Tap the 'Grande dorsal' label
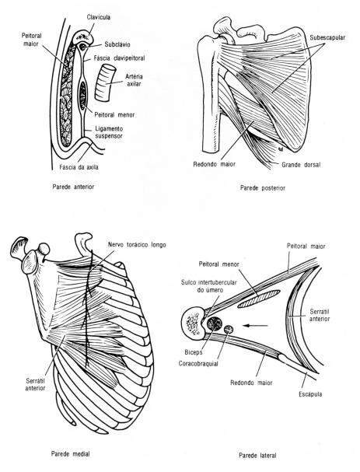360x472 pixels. click(x=302, y=165)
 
